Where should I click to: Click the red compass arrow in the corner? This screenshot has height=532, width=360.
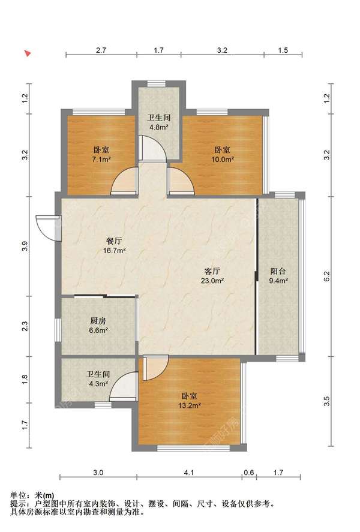tap(28, 53)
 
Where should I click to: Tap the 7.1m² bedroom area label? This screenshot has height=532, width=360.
tap(101, 160)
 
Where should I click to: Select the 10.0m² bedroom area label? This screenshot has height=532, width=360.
tap(223, 160)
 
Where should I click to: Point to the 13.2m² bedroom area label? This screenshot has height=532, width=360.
tap(190, 405)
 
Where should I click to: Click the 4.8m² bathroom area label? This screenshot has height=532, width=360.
tap(159, 128)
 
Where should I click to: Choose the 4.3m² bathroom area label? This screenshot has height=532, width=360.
tap(98, 384)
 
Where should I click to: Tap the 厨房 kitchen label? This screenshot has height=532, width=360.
tap(98, 321)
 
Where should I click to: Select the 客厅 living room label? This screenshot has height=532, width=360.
tap(212, 271)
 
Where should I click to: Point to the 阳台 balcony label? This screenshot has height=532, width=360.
tap(278, 271)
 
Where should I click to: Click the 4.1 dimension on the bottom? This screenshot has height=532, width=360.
tap(189, 472)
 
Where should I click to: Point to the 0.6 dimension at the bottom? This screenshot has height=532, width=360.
tap(249, 472)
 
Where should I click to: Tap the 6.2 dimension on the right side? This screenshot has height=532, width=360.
tap(327, 276)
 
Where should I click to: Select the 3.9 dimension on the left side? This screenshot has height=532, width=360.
tap(25, 247)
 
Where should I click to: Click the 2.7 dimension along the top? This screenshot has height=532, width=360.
tap(101, 50)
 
